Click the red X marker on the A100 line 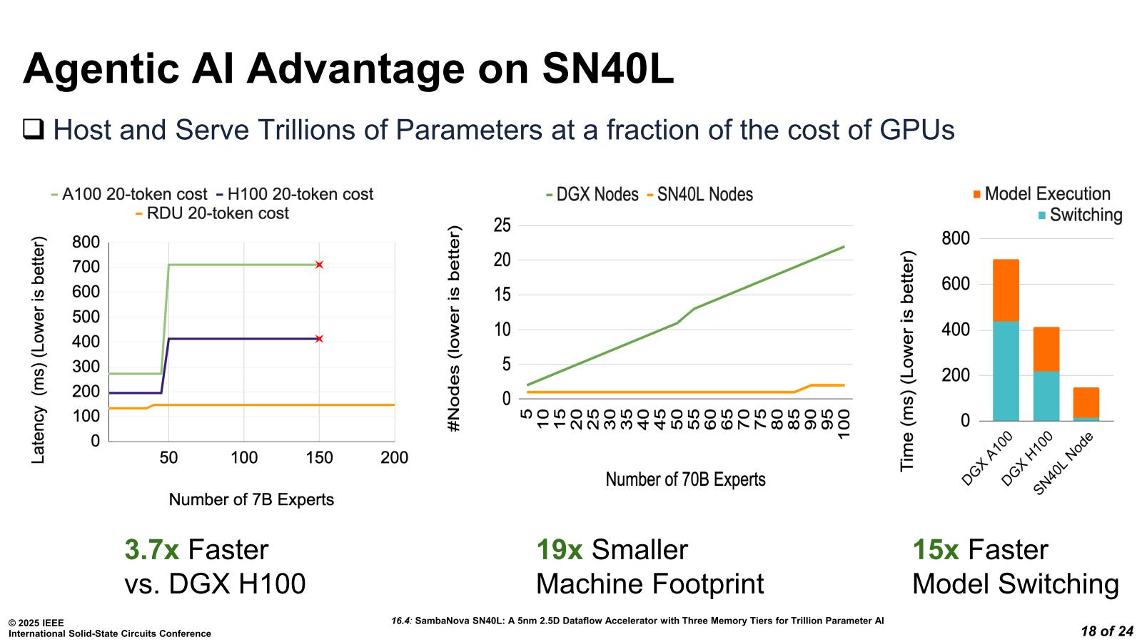pos(319,265)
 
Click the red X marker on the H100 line pos(319,338)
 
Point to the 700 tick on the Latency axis pos(86,267)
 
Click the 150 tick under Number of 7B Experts pos(319,458)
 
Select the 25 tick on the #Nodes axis pos(502,225)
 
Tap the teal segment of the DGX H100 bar pos(1046,396)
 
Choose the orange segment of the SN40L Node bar pos(1086,402)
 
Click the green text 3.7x pos(151,550)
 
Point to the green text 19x pos(559,550)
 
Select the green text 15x pos(935,550)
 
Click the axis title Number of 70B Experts pos(685,479)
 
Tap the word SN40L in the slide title pos(607,70)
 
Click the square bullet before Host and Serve pos(34,130)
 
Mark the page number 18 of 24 pos(1107,631)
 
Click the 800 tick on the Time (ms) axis pos(956,238)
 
